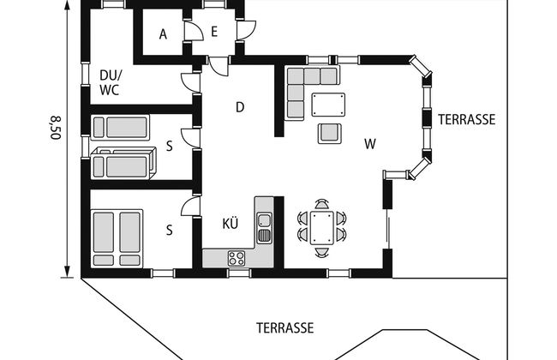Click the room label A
pos(163,34)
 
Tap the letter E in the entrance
pos(214,32)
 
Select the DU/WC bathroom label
pos(111,82)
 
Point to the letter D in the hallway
pos(240,107)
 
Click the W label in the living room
pos(370,144)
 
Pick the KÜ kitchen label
pos(231,224)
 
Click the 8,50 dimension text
pos(56,128)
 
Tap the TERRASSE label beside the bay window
pos(466,120)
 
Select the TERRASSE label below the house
pos(284,328)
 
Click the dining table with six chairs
pos(322,228)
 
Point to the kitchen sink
pos(264,228)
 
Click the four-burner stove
pos(237,258)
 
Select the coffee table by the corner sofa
pos(328,105)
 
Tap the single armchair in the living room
pos(330,134)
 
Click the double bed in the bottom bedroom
pos(117,238)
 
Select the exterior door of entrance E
pos(246,30)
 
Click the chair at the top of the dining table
pos(322,204)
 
